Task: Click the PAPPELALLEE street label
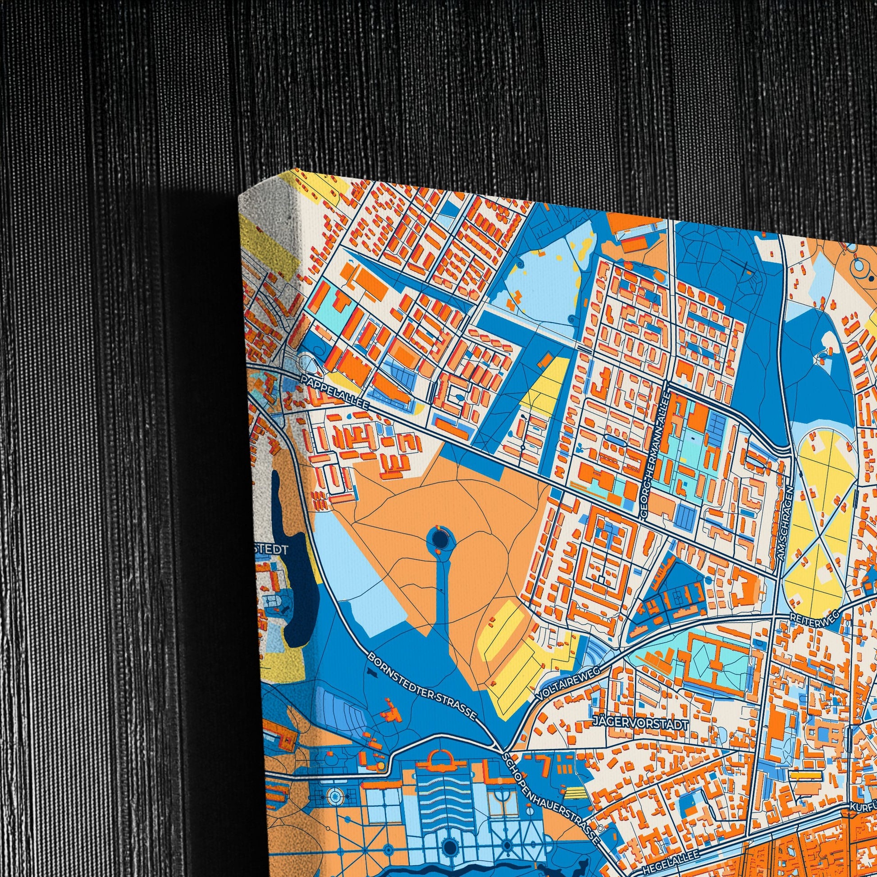coord(332,390)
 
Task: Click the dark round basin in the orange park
coord(439,540)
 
